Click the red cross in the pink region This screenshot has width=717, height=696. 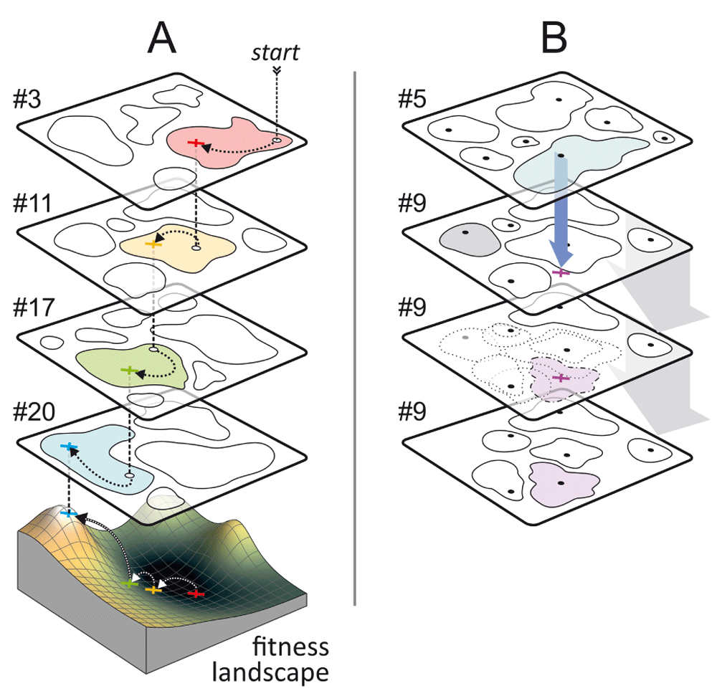pos(193,143)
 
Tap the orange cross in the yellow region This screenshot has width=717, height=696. pos(151,244)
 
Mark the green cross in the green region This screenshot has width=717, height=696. pos(128,371)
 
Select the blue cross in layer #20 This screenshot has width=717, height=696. pos(69,447)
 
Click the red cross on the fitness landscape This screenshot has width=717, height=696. pos(195,593)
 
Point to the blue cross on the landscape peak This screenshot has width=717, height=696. pos(69,513)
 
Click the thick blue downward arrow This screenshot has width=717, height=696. pos(561,208)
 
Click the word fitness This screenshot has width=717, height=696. pos(291,647)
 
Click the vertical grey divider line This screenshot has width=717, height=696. pos(355,337)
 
